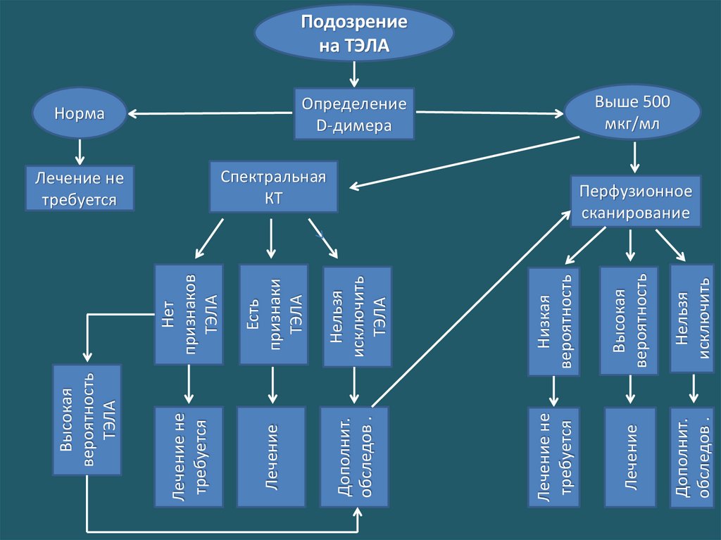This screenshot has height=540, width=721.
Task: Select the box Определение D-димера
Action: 354,114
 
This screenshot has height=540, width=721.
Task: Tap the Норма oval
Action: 79,113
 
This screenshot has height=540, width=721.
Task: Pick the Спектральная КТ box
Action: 273,187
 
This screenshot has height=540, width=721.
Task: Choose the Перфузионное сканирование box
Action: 635,201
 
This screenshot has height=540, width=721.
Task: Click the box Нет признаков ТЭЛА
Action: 189,314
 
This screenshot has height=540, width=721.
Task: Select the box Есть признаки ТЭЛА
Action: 273,314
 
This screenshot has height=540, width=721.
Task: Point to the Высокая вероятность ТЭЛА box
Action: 87,419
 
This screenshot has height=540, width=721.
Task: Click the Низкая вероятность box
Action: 553,321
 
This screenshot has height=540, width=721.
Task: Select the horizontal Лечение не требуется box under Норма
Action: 79,189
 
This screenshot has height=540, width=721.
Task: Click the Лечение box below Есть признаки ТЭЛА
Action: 271,456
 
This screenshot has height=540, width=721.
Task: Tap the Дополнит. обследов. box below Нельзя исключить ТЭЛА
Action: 354,456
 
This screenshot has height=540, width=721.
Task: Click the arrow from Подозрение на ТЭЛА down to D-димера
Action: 354,73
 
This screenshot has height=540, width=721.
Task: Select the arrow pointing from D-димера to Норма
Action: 211,113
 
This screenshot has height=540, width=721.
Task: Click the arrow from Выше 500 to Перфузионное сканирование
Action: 634,157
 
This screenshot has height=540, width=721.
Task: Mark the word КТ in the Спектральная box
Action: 273,199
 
